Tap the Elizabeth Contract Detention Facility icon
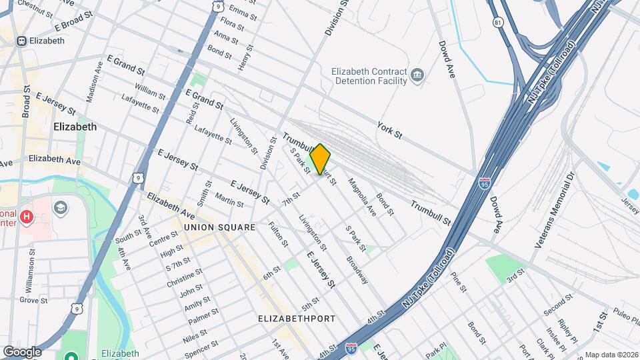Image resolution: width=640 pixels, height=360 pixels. [418, 75]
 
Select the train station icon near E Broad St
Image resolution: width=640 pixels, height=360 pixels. [22, 41]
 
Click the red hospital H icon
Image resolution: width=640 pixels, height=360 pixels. [27, 216]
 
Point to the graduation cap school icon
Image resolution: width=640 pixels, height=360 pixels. [61, 207]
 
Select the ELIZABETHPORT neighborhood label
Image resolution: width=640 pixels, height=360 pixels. [297, 319]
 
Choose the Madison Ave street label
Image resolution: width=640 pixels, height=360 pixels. [93, 82]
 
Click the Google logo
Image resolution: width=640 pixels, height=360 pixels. [22, 351]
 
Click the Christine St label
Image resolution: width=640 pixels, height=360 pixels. [185, 279]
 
